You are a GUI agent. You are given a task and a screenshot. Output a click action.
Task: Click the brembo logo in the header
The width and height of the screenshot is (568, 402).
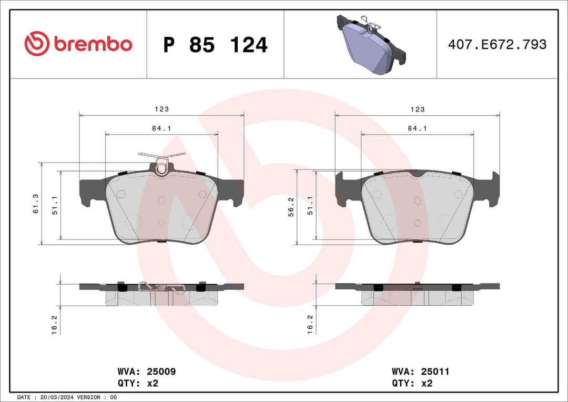point(78,44)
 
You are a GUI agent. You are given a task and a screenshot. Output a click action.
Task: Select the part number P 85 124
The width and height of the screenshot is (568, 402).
point(215,45)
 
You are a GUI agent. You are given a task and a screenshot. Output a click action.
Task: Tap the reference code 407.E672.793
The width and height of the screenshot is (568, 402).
point(497,45)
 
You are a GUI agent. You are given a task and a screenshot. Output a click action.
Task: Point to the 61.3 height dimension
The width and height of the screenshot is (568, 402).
point(36,203)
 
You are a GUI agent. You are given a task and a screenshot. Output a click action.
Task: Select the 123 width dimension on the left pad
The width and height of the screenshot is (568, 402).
point(161,109)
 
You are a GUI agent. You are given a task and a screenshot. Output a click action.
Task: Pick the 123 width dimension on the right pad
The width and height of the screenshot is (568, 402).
point(417,109)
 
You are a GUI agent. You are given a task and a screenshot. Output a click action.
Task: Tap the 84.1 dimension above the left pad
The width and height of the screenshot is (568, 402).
point(161,128)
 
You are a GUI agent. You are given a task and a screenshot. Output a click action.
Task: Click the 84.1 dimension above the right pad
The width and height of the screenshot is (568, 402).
point(417,128)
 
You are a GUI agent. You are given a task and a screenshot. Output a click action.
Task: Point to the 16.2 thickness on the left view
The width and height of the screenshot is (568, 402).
point(54,324)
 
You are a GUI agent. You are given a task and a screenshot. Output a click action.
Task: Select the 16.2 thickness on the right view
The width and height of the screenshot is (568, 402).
point(310,324)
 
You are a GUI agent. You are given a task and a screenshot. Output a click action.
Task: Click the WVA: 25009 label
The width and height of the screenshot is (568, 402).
point(146,371)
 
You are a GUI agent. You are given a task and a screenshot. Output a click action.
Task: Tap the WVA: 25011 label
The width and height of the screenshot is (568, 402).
point(420,371)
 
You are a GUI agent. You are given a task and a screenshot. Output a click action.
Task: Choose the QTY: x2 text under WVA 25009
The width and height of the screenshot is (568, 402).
point(138,384)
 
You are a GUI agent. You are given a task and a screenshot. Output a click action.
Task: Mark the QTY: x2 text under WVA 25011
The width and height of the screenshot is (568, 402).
point(412,384)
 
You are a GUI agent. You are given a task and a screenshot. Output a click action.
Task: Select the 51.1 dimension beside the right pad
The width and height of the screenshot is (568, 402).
point(311,205)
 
